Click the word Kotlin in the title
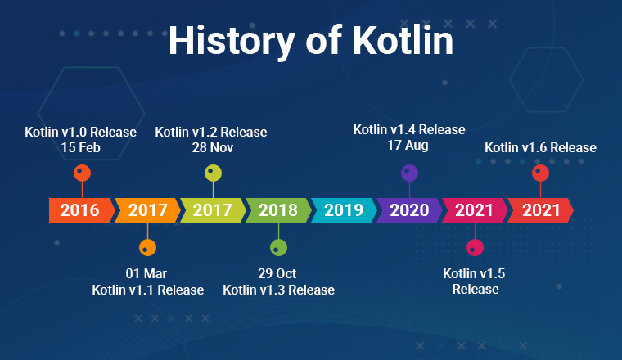click(x=403, y=40)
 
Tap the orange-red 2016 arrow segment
click(x=81, y=210)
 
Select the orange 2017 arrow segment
click(x=147, y=210)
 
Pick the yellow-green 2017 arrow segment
click(x=213, y=210)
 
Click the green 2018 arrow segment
click(x=278, y=210)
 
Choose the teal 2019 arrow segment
click(x=344, y=210)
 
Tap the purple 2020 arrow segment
click(x=409, y=210)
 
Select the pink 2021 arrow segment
click(x=475, y=210)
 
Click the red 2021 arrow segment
click(x=540, y=210)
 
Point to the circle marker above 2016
click(x=82, y=173)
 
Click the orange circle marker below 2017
click(x=147, y=248)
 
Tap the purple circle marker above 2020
click(x=409, y=173)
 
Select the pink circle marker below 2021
click(x=475, y=248)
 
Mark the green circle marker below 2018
click(x=278, y=248)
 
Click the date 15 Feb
click(x=80, y=148)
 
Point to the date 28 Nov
click(x=213, y=148)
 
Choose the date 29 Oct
click(x=277, y=273)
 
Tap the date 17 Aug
click(x=408, y=146)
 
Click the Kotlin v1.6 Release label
click(x=540, y=148)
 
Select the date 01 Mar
click(x=146, y=273)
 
